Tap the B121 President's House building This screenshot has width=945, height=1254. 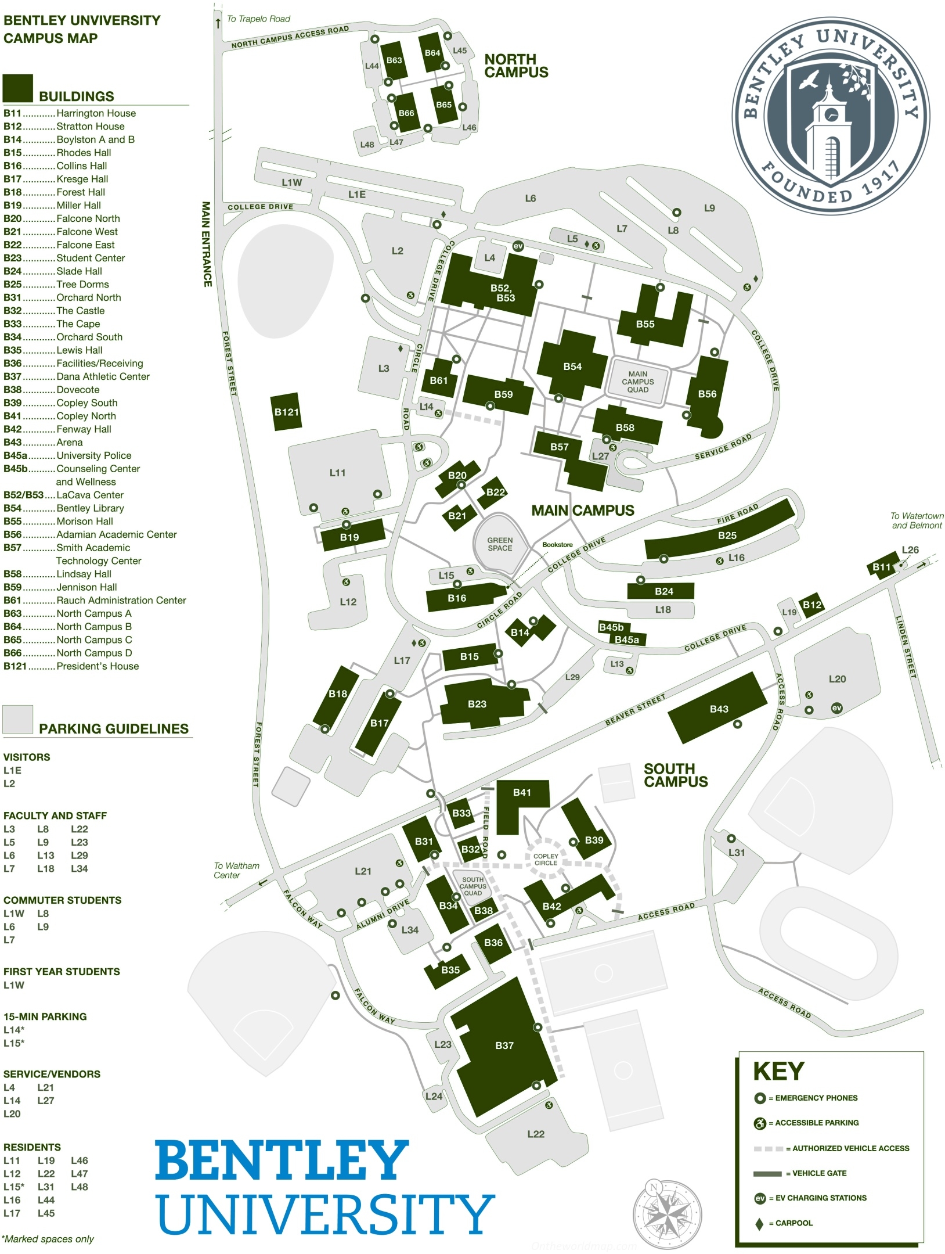286,412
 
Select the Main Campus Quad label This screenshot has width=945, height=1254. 637,382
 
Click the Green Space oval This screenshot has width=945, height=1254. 500,544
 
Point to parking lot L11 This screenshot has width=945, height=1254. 337,473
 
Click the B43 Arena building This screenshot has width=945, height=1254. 719,709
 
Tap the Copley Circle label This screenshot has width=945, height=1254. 546,860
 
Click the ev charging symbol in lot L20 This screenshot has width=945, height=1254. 836,707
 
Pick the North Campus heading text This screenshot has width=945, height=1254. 516,66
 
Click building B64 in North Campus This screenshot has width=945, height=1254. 432,53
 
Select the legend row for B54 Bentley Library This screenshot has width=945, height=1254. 64,508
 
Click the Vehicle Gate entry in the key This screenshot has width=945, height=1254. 818,1173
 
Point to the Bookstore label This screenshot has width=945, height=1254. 557,545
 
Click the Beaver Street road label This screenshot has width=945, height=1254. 635,710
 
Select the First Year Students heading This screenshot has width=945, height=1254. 62,972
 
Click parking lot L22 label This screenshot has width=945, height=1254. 535,1134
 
